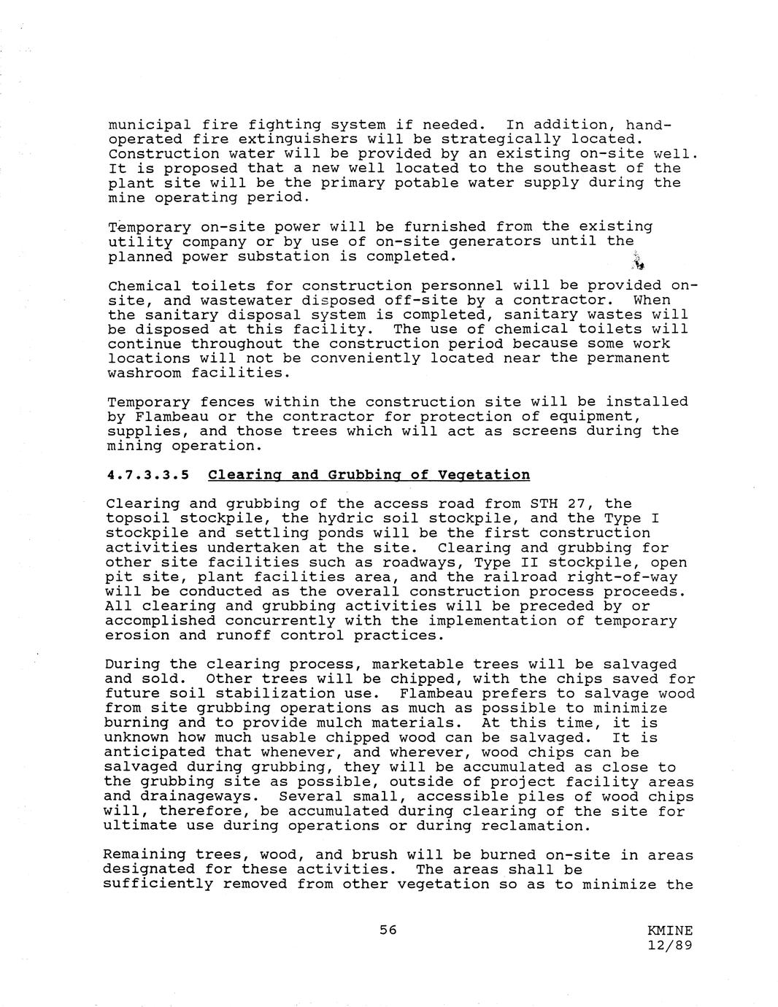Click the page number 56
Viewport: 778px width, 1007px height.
pyautogui.click(x=388, y=930)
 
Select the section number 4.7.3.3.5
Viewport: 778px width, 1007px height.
pyautogui.click(x=148, y=475)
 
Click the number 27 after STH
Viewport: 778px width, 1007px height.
pyautogui.click(x=576, y=504)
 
